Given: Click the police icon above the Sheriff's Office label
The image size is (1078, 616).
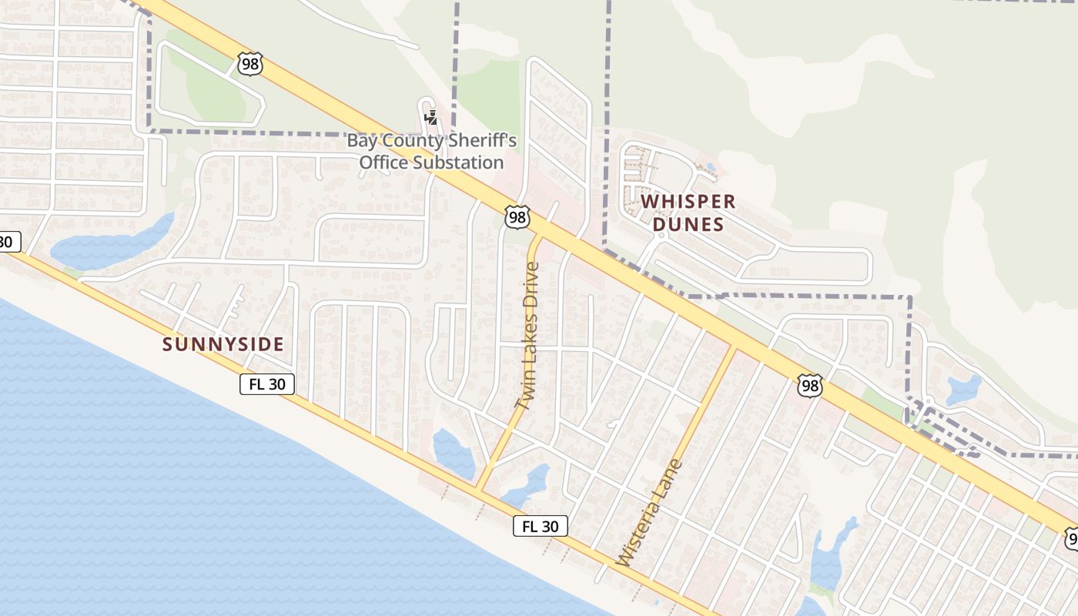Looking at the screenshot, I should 431,118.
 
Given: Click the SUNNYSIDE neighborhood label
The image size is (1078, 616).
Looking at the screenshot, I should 223,344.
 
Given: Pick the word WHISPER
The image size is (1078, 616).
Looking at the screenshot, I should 688,202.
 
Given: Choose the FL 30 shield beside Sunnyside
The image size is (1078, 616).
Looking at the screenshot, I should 267,384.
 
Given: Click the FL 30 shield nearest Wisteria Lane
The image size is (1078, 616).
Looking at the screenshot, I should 541,526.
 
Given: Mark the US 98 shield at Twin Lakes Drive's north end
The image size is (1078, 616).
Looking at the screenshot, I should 517,217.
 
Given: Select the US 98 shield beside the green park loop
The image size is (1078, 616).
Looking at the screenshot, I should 250,63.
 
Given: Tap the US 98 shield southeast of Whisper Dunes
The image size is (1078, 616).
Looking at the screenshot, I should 810,386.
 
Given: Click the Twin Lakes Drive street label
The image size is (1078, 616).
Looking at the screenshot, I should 528,336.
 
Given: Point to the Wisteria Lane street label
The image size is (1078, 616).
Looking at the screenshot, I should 650,513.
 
